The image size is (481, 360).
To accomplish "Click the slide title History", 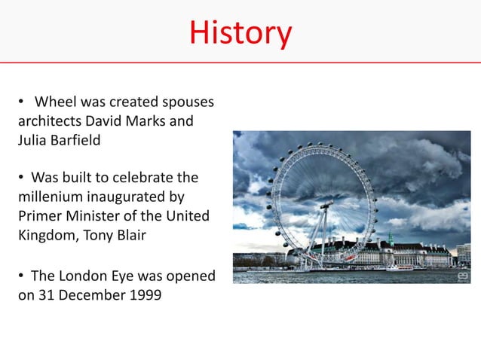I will tap(240, 32).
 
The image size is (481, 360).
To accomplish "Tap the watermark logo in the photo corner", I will tap(461, 276).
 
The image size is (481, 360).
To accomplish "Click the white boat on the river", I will tap(400, 267).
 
